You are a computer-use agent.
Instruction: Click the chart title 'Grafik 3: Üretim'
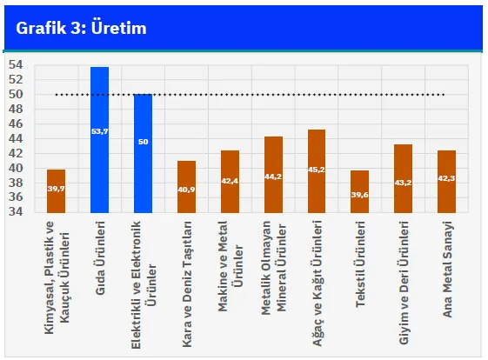point(81,28)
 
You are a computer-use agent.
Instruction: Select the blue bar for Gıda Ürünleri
point(99,140)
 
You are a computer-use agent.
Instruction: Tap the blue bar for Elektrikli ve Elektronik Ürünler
point(144,153)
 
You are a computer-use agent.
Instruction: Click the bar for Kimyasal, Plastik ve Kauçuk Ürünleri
point(56,191)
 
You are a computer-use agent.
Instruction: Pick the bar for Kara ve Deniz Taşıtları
point(186,187)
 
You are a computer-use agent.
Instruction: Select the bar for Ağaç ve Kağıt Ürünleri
point(317,171)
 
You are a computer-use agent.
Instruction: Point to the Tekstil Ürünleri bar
point(360,191)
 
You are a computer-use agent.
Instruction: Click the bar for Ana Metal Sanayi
point(446,182)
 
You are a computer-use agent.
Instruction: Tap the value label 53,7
point(99,131)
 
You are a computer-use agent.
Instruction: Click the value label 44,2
point(273,177)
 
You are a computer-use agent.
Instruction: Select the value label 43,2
point(403,183)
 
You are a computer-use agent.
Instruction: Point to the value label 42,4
point(230,181)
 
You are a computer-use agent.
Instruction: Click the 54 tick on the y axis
point(16,64)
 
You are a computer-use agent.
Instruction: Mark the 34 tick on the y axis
point(16,211)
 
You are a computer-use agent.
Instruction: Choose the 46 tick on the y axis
point(16,123)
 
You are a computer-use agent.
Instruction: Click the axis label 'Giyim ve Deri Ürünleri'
point(404,283)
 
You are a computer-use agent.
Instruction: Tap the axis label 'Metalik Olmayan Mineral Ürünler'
point(273,268)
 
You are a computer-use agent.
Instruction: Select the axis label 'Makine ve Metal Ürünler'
point(231,266)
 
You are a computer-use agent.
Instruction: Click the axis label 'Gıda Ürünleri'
point(100,258)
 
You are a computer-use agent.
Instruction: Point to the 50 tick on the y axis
point(16,94)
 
